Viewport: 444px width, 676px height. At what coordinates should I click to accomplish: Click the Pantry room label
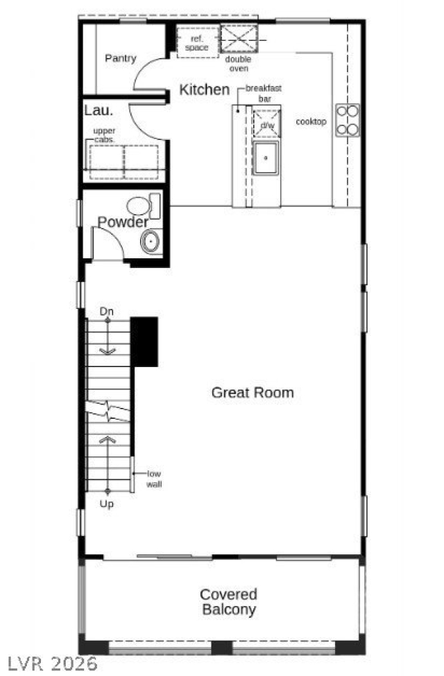click(121, 59)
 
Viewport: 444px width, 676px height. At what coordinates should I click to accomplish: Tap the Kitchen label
click(204, 90)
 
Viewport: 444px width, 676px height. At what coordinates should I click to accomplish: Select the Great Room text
click(253, 393)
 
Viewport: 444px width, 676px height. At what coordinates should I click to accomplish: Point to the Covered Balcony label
click(228, 602)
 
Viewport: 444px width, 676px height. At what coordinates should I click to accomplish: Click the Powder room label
click(123, 222)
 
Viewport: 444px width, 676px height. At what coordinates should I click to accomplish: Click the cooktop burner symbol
click(348, 119)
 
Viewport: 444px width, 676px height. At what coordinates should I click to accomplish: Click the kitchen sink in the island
click(265, 158)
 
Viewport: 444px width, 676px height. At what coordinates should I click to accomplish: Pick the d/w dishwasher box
click(266, 125)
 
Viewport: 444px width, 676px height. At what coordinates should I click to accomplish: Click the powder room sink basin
click(150, 242)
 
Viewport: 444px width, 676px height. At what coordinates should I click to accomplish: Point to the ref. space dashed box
click(196, 42)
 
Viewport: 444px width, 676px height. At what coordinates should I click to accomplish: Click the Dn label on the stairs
click(106, 312)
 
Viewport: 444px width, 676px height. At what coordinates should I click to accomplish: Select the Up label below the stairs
click(107, 504)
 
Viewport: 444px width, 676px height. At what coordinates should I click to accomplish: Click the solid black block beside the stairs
click(144, 341)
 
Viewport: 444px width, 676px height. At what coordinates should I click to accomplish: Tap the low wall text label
click(153, 479)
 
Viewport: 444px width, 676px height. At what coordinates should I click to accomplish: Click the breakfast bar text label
click(263, 94)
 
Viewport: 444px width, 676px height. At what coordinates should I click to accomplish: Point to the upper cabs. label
click(105, 135)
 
